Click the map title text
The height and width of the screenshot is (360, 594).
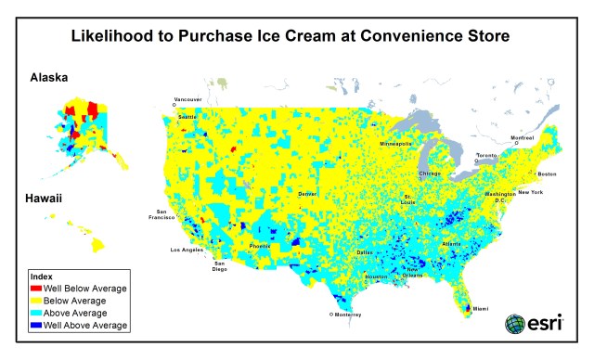pos(296,37)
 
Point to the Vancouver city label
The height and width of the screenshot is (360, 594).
pos(187,98)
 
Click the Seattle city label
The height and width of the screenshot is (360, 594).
pos(187,117)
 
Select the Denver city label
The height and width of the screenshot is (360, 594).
pos(306,193)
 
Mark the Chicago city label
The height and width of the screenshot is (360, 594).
pos(430,174)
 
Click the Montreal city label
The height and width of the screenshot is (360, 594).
pos(523,138)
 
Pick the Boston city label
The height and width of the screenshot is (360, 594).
pos(547,174)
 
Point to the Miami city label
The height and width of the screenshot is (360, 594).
pos(481,308)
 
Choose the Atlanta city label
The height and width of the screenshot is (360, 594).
pos(452,243)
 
